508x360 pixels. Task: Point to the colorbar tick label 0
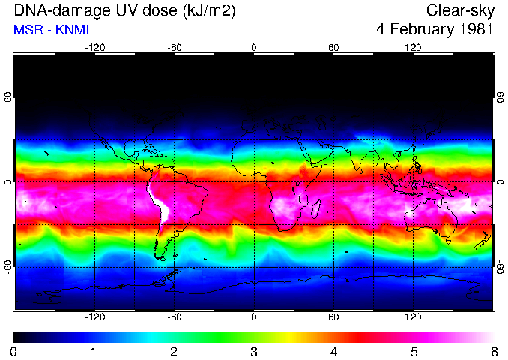(14, 351)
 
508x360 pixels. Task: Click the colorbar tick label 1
(94, 351)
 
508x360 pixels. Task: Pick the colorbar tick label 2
(174, 351)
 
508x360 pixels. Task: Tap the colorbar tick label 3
(253, 351)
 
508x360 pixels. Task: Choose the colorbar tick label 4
(333, 351)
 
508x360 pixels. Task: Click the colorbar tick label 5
(413, 351)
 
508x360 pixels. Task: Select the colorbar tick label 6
(492, 351)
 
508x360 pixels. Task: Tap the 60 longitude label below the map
(333, 316)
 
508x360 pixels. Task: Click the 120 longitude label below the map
(413, 316)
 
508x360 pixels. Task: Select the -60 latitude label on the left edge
(7, 266)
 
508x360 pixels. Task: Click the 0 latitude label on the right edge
(500, 182)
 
